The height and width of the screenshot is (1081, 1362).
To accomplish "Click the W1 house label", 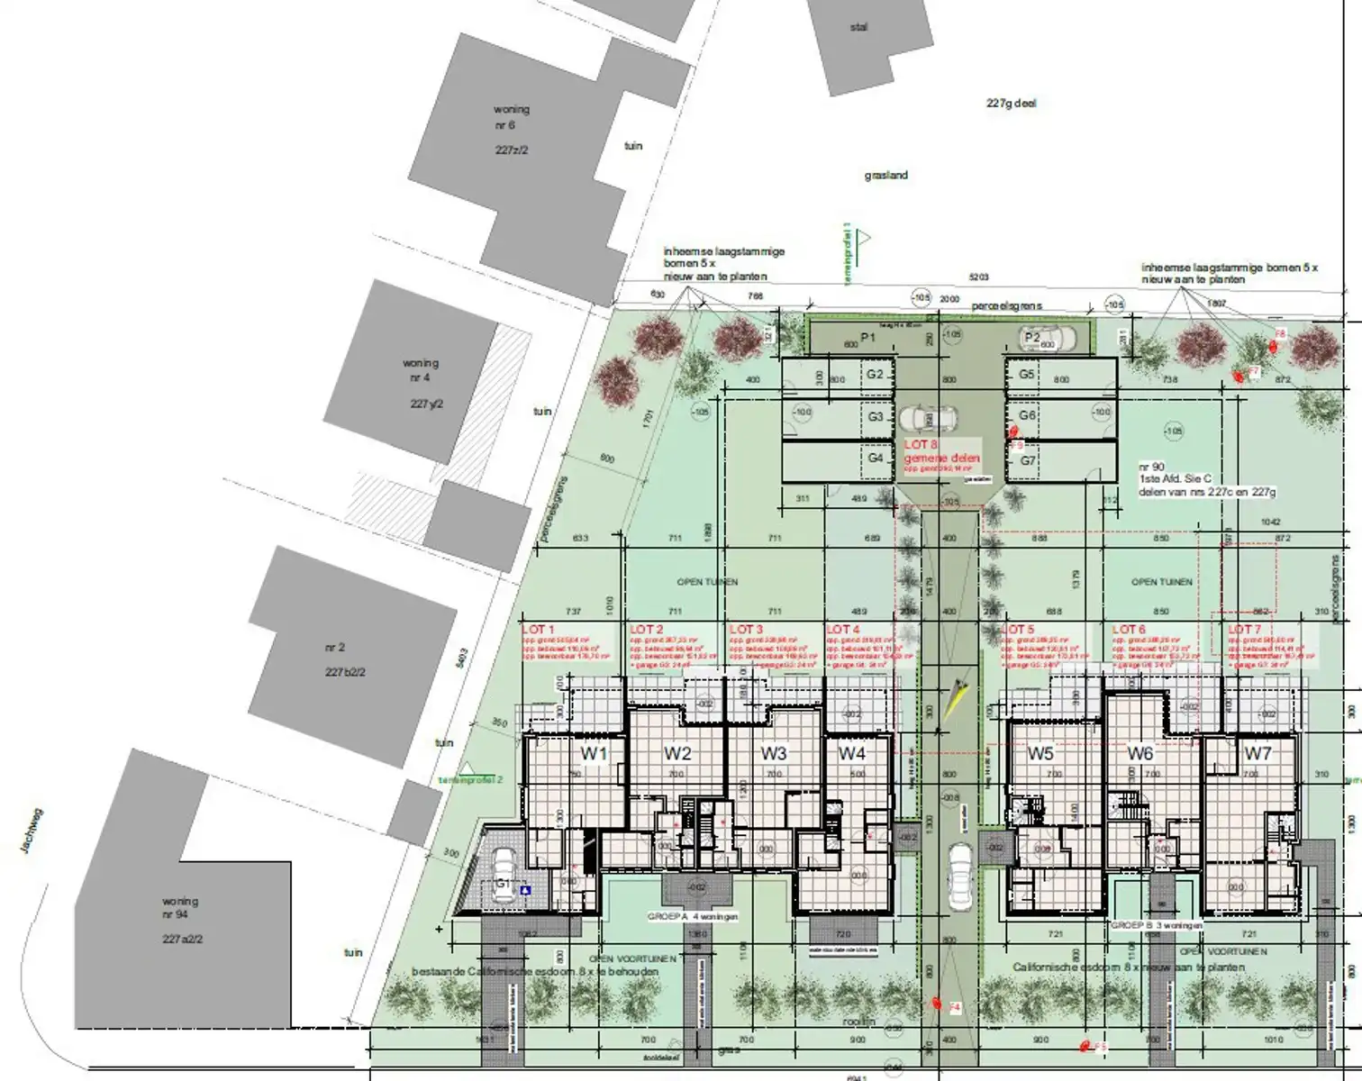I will pyautogui.click(x=594, y=753).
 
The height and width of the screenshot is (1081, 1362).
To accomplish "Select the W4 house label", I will pyautogui.click(x=851, y=753).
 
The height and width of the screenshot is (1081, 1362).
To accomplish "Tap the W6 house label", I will pyautogui.click(x=1140, y=753).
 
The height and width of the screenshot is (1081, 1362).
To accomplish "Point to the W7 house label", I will pyautogui.click(x=1258, y=753).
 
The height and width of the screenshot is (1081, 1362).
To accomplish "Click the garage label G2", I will pyautogui.click(x=875, y=375).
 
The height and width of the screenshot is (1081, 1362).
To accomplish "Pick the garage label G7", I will pyautogui.click(x=1028, y=460).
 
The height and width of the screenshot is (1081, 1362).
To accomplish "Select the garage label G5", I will pyautogui.click(x=1027, y=374).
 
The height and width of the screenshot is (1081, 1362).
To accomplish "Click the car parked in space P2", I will pyautogui.click(x=1048, y=340).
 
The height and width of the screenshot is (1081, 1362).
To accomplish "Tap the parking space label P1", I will pyautogui.click(x=868, y=337).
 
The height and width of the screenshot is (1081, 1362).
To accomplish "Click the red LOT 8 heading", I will pyautogui.click(x=921, y=445).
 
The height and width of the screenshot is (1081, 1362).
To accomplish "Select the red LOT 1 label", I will pyautogui.click(x=539, y=630).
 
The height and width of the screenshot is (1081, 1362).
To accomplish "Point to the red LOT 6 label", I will pyautogui.click(x=1129, y=630).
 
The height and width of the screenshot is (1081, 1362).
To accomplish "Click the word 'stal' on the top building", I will pyautogui.click(x=858, y=28).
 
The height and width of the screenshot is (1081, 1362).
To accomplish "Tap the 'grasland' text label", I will pyautogui.click(x=885, y=176).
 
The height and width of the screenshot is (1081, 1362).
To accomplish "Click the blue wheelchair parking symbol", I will pyautogui.click(x=525, y=890).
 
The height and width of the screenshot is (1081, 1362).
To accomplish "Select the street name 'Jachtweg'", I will pyautogui.click(x=34, y=831).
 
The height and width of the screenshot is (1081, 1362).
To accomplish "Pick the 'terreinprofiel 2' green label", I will pyautogui.click(x=470, y=779).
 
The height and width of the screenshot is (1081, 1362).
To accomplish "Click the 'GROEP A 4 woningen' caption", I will pyautogui.click(x=693, y=916).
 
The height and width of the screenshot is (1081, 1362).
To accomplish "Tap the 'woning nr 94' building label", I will pyautogui.click(x=180, y=907).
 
